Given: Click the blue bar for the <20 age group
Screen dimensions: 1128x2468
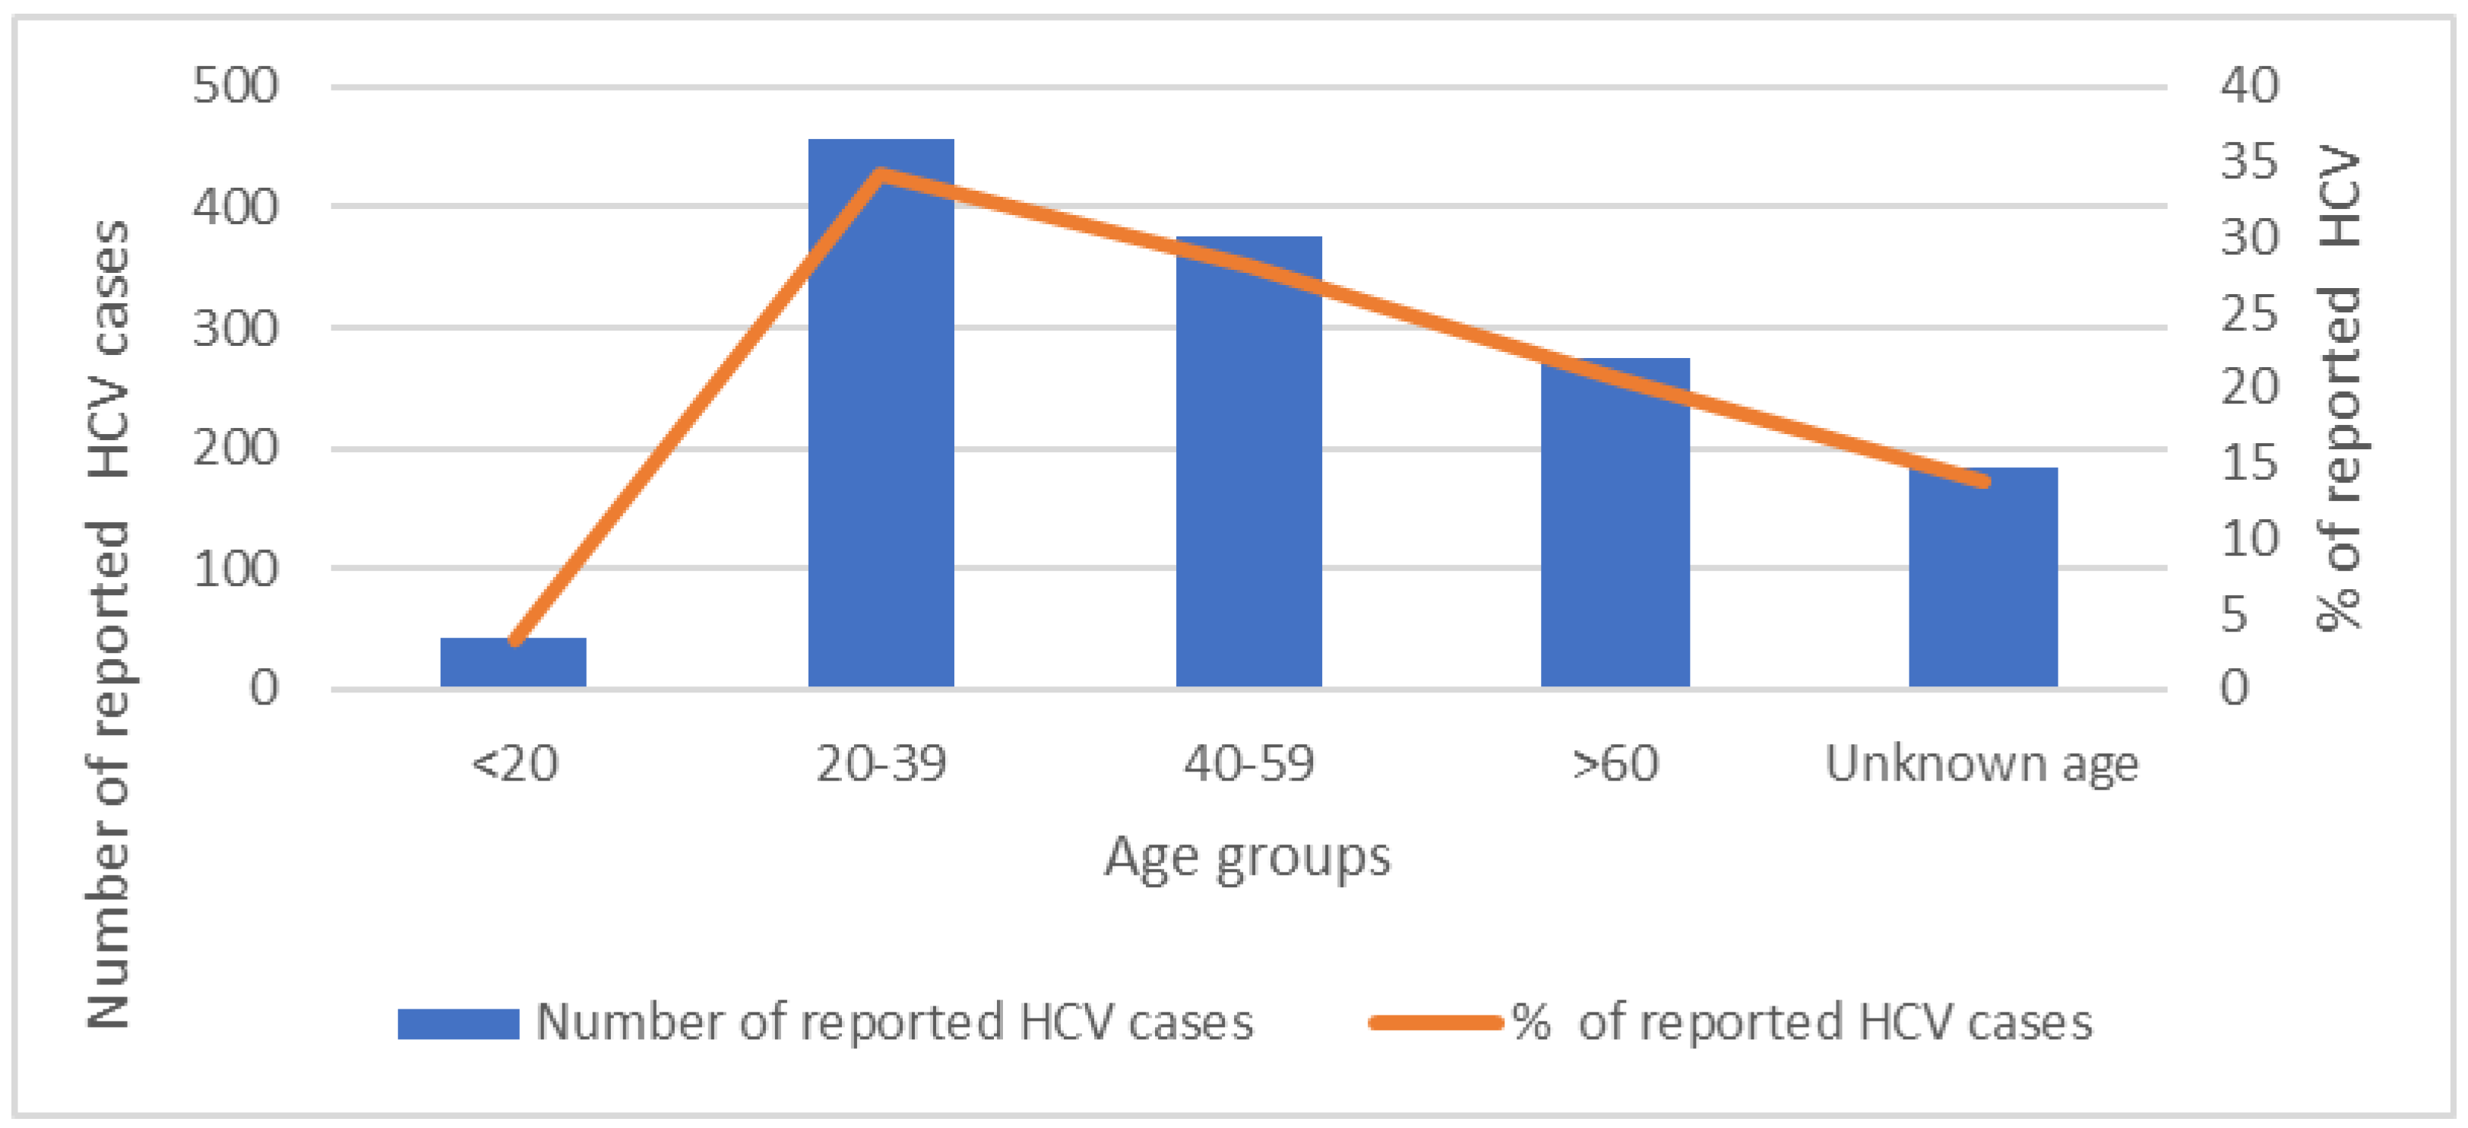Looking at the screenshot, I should (513, 662).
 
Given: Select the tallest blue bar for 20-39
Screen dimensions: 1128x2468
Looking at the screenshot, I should (881, 431).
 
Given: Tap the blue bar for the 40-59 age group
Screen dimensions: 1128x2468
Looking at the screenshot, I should (1248, 479).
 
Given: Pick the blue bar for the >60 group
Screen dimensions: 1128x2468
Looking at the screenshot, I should (1615, 537).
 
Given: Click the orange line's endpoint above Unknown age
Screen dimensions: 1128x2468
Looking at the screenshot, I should (1984, 481).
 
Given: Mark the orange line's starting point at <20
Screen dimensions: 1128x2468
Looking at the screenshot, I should (514, 641).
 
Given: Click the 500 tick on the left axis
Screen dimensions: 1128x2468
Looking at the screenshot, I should (236, 86).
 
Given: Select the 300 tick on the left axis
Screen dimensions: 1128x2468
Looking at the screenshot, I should (236, 328).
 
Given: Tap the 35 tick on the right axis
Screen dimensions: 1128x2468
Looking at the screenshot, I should (2248, 162).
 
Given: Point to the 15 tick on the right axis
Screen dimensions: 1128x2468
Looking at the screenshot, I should (2248, 463).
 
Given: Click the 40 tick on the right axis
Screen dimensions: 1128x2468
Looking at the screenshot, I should (2248, 86).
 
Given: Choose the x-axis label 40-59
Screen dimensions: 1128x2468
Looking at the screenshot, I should (1248, 764).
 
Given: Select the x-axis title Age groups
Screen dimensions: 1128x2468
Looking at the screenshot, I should (1248, 857).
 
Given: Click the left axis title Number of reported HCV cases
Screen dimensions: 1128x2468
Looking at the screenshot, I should (108, 623).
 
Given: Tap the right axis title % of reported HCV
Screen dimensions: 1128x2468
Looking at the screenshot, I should (2339, 388).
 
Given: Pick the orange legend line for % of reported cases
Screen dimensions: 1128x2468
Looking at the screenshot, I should (1435, 1022).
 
